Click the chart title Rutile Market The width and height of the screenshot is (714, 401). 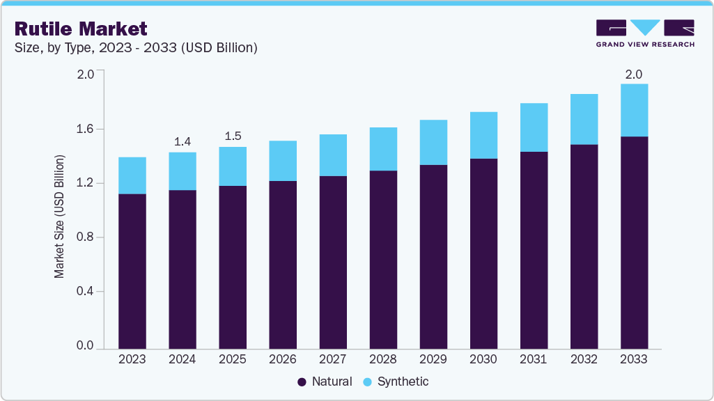coord(81,29)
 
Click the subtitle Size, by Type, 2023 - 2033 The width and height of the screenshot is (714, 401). coord(136,48)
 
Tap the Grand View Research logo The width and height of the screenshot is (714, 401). coord(644,33)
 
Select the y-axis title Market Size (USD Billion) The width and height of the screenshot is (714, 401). coord(60,217)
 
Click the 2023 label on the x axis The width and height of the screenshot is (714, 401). coord(132,360)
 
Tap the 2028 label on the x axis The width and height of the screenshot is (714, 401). coord(383,360)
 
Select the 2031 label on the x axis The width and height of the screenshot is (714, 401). coord(534,360)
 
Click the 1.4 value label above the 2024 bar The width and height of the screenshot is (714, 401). coord(183,142)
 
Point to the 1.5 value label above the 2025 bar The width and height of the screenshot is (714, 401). coord(233,136)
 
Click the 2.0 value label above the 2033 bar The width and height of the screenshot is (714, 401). coord(634,74)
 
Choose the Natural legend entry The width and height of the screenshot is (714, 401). coord(325,382)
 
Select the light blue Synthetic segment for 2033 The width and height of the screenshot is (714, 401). coord(634,110)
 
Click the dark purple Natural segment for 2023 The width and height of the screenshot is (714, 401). coord(132,272)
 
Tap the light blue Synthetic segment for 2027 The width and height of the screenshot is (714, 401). coord(333,155)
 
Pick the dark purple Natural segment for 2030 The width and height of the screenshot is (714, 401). coord(483,254)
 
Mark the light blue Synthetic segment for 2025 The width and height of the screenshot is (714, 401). coord(233,166)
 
